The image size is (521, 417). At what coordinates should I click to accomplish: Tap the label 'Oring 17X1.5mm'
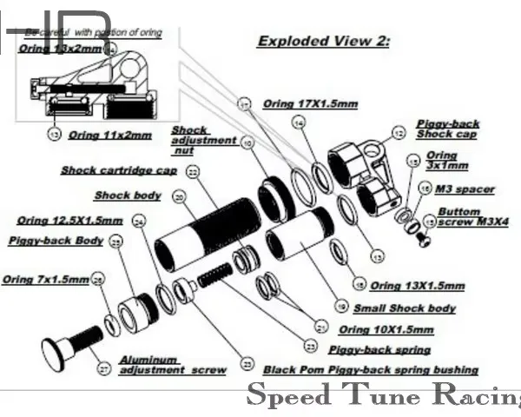tap(310, 103)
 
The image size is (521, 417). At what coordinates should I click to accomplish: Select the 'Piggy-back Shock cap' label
tap(447, 129)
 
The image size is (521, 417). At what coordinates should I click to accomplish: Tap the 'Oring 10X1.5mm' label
tap(386, 329)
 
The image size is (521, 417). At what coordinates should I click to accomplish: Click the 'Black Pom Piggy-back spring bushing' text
tap(370, 369)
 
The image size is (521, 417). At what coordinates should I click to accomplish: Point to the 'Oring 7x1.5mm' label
tap(45, 279)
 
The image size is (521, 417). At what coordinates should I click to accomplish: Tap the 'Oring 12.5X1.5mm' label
tap(69, 220)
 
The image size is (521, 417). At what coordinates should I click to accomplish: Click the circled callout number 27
tap(104, 369)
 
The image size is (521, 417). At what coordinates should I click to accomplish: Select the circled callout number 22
tap(193, 172)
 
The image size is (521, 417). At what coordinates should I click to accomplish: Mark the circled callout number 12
tap(398, 133)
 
